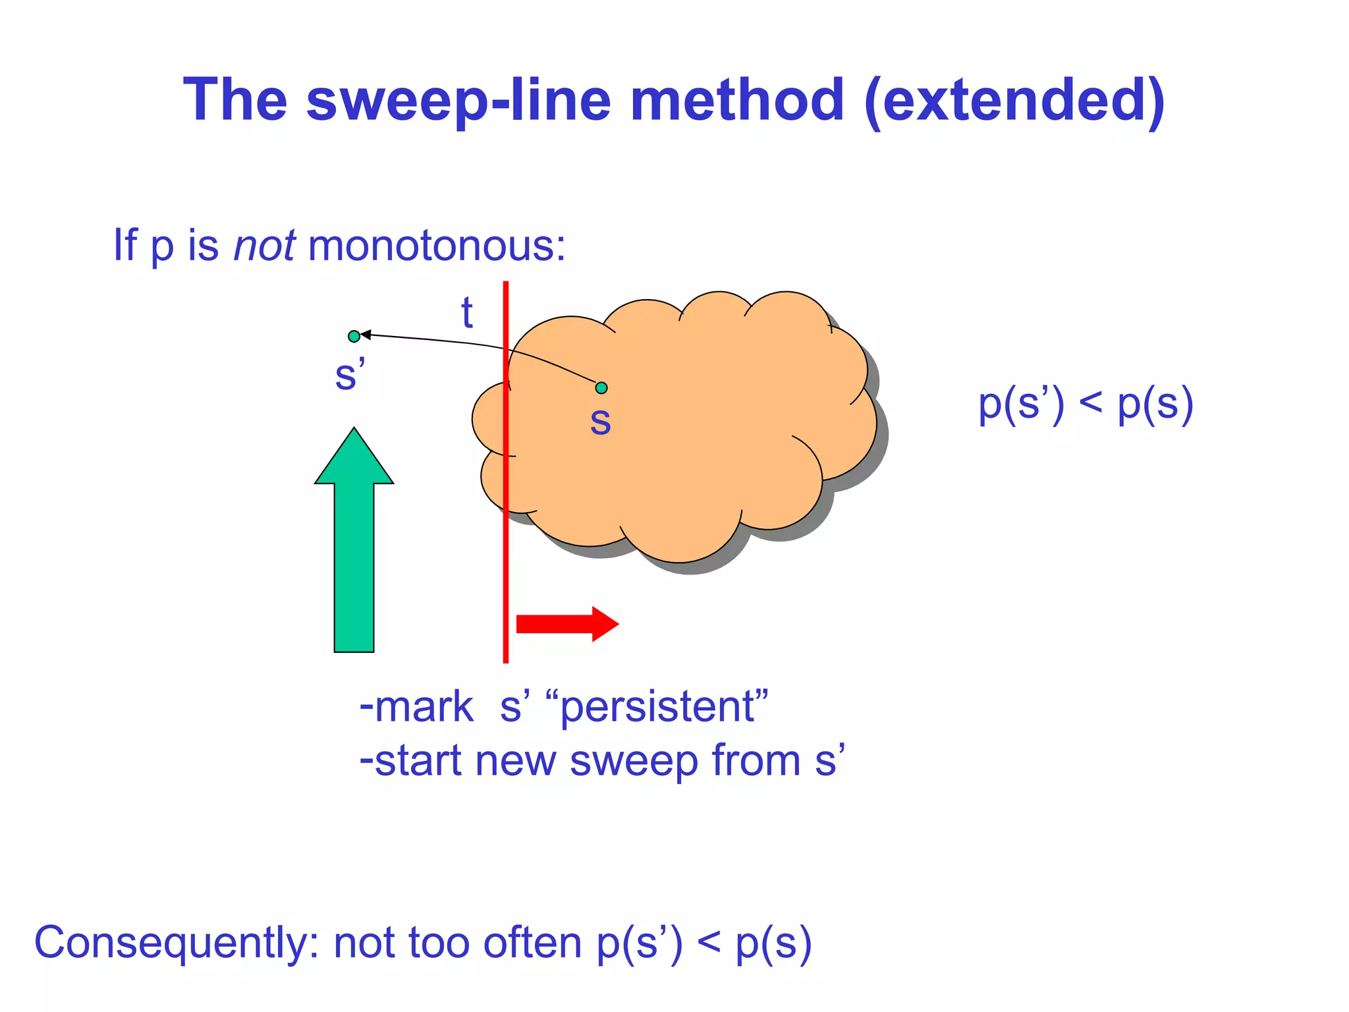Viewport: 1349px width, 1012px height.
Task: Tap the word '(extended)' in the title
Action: pos(1014,100)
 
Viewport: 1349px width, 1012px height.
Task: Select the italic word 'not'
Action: pos(264,245)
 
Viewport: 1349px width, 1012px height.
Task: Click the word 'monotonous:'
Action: pos(436,245)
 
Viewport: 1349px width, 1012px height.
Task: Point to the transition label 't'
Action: pos(466,312)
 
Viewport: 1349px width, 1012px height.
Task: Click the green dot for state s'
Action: pos(354,337)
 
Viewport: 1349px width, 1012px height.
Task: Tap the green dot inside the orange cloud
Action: pos(601,388)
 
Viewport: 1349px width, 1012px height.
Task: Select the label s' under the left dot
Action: pos(349,374)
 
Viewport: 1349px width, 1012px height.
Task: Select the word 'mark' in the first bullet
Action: pos(423,707)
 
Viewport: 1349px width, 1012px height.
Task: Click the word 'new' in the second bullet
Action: pos(515,761)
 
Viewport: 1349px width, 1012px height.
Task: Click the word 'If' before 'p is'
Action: pos(124,245)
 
